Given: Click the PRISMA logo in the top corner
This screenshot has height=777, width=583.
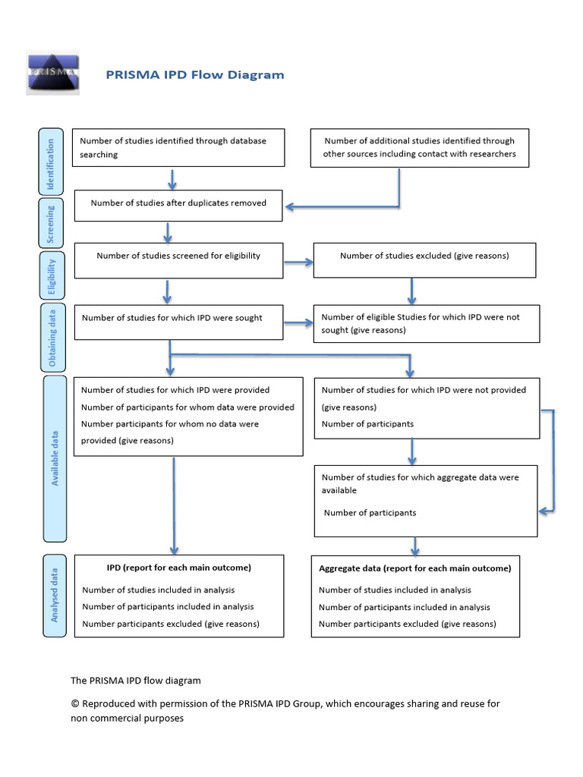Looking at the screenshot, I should (x=52, y=73).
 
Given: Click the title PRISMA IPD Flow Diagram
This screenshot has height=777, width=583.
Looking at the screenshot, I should (x=194, y=74).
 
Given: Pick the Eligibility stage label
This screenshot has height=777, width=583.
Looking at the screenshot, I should (x=52, y=275).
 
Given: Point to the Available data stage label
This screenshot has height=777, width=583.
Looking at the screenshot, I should (x=55, y=458).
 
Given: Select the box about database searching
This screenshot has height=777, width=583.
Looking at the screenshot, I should (x=178, y=147).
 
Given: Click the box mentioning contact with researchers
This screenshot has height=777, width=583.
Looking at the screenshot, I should (x=420, y=147).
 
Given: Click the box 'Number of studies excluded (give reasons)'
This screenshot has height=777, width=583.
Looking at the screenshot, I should (x=424, y=260).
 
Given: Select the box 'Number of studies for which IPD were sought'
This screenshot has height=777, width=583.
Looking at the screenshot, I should (x=178, y=322).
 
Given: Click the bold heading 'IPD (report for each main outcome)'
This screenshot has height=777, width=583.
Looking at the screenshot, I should (x=178, y=568).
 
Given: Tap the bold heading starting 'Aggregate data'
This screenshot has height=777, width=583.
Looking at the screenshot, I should (x=414, y=568).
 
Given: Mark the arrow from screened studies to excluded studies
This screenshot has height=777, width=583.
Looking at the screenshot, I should (x=298, y=263).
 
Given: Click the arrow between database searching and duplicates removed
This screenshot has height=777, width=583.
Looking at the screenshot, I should (x=172, y=179).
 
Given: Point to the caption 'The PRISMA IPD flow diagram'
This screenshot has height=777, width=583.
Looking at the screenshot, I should (x=136, y=681).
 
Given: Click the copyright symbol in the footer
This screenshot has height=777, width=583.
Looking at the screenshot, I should (x=74, y=704).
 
